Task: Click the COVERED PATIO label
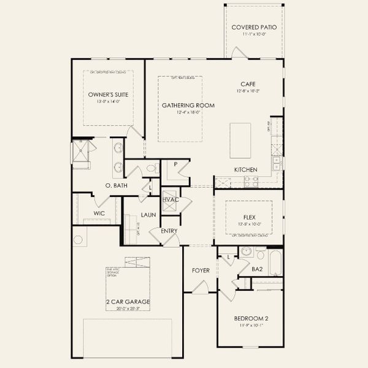(253, 27)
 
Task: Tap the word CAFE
(248, 84)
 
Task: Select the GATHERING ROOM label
(188, 105)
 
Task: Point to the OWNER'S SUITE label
(108, 95)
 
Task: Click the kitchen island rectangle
(240, 140)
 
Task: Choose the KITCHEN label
(245, 169)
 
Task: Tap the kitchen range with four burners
(251, 182)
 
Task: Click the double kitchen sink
(277, 163)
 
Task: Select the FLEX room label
(248, 217)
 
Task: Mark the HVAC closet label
(171, 199)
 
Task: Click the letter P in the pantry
(175, 164)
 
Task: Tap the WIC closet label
(99, 213)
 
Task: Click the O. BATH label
(117, 185)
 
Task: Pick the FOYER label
(201, 270)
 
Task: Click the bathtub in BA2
(275, 263)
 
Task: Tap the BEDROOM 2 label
(251, 319)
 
